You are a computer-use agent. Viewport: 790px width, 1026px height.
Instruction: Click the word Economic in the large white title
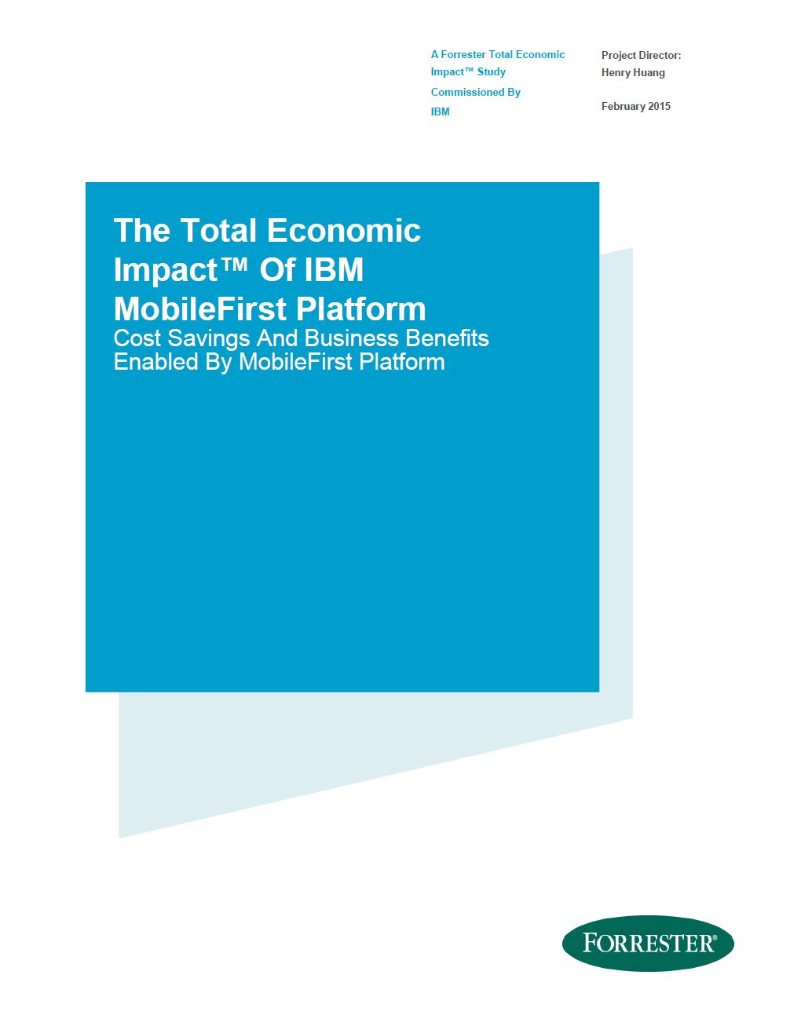click(x=344, y=231)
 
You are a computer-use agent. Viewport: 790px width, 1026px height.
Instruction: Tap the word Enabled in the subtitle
click(x=155, y=362)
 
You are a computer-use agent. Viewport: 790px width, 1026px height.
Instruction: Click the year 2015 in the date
click(x=659, y=106)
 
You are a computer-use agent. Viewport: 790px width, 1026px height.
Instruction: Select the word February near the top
click(x=623, y=107)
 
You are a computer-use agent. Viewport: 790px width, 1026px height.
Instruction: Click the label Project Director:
click(x=642, y=55)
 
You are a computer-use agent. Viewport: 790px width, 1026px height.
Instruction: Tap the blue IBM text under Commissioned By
click(x=440, y=112)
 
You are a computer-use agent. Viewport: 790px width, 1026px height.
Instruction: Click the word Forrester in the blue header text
click(x=463, y=54)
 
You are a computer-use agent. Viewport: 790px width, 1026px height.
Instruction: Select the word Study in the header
click(x=491, y=71)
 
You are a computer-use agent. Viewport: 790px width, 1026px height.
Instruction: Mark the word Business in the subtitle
click(x=352, y=338)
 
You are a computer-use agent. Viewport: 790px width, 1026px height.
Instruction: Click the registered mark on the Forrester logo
click(x=715, y=937)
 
